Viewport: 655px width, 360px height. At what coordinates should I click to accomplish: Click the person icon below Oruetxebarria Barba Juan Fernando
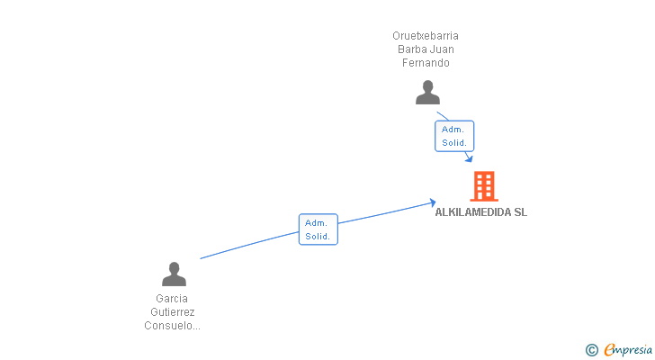427,93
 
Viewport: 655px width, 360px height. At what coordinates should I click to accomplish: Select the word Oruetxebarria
426,36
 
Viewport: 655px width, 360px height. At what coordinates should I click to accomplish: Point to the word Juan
442,49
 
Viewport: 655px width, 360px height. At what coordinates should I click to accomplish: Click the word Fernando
426,63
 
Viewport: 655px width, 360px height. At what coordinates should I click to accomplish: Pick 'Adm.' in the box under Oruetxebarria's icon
453,130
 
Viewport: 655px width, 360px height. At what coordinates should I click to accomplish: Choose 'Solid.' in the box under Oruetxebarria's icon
454,143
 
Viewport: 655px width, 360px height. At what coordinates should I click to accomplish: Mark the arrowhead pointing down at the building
469,158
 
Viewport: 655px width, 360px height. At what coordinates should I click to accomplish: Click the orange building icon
483,186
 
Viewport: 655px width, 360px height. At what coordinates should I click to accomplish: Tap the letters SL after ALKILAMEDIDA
520,212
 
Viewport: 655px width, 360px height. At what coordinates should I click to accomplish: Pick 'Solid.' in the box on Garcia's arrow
318,236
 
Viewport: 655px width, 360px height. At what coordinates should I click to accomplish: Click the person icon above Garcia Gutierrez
174,274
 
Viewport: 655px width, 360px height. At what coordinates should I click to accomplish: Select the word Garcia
172,298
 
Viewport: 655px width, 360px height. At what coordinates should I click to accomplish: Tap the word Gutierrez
172,311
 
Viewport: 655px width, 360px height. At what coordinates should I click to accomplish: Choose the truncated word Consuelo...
172,326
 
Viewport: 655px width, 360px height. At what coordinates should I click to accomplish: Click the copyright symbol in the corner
591,350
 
